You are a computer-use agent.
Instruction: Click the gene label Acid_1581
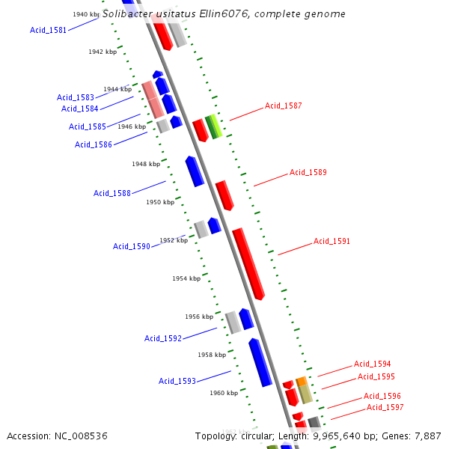(x=48, y=30)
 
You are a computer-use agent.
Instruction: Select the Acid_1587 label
(x=284, y=106)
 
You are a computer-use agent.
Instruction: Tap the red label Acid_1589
(x=308, y=172)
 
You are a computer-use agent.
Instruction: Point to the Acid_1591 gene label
(x=332, y=241)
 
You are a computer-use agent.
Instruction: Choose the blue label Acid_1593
(x=177, y=381)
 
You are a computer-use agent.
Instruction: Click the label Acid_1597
(x=385, y=407)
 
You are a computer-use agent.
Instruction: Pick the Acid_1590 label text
(x=132, y=246)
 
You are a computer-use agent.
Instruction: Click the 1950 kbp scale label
(x=160, y=202)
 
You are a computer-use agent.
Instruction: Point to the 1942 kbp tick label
(x=103, y=52)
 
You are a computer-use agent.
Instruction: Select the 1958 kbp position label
(x=212, y=355)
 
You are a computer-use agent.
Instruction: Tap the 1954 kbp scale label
(x=186, y=278)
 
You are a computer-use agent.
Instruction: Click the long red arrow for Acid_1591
(x=248, y=262)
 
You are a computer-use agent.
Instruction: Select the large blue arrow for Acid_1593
(x=260, y=362)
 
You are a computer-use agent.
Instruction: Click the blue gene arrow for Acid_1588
(x=195, y=171)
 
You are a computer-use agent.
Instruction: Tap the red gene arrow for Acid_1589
(x=224, y=195)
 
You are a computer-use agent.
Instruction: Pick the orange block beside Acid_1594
(x=302, y=382)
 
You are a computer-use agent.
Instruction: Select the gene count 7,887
(x=427, y=436)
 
